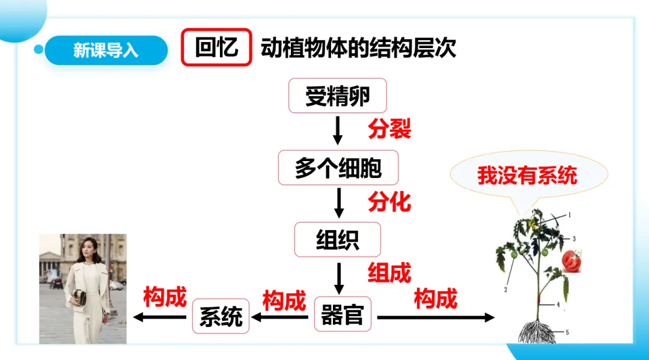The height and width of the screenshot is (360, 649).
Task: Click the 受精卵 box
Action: [337, 96]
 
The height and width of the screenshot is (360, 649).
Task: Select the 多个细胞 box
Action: [338, 168]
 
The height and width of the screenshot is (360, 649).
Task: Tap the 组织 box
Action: [337, 239]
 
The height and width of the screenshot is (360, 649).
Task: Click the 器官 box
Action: [343, 314]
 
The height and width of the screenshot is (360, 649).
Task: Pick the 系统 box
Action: [220, 316]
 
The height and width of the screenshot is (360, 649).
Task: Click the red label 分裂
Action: [389, 129]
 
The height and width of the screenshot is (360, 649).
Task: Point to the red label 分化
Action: [389, 201]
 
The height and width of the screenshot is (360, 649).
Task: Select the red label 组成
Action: [389, 273]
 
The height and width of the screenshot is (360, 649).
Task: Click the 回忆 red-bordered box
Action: [216, 47]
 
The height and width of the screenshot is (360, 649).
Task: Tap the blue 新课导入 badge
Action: [106, 50]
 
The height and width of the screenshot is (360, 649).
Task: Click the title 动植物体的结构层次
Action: [358, 48]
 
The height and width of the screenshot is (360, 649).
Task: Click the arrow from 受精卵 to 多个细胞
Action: [338, 130]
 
